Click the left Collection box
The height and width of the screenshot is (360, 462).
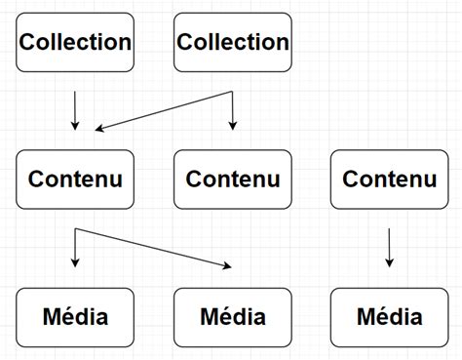click(x=76, y=42)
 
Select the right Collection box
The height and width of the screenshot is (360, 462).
click(x=233, y=42)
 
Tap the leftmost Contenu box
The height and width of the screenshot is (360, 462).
click(x=76, y=180)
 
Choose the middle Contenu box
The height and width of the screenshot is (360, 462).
click(x=233, y=180)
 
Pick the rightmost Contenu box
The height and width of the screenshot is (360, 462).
click(x=390, y=180)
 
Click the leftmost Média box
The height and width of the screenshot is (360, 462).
click(x=76, y=317)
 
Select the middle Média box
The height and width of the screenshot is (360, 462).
click(x=233, y=317)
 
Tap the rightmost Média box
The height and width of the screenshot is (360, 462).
click(x=390, y=317)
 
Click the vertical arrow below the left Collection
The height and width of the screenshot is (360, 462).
click(x=76, y=110)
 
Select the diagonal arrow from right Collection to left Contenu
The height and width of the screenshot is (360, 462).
click(x=166, y=110)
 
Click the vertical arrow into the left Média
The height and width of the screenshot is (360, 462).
click(x=76, y=249)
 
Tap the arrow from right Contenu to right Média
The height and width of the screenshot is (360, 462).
click(x=390, y=248)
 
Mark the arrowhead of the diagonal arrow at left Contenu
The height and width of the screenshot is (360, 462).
click(x=99, y=128)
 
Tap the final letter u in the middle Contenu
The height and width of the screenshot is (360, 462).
click(x=273, y=180)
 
